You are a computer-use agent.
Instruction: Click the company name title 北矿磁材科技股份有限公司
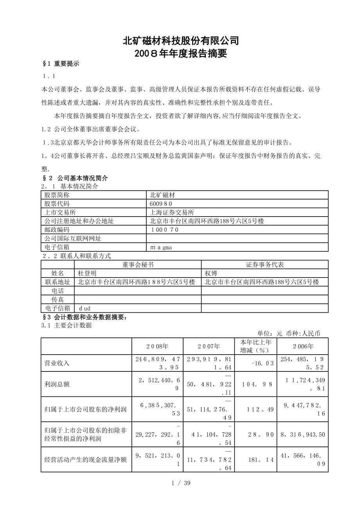(180, 41)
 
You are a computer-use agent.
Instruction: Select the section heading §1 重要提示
(61, 64)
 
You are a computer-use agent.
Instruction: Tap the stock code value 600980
(161, 204)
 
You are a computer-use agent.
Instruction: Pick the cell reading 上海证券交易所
(172, 212)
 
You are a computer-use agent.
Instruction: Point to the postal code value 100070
(164, 229)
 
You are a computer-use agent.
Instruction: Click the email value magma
(161, 247)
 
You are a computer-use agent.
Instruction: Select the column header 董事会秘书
(138, 265)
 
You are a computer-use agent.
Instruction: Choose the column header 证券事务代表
(265, 265)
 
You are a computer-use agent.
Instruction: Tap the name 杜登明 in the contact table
(87, 273)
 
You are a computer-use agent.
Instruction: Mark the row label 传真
(58, 299)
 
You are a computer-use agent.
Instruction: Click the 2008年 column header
(157, 346)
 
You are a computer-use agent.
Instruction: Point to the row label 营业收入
(57, 363)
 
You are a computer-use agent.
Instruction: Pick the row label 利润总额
(57, 384)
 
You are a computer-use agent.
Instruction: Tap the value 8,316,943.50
(302, 434)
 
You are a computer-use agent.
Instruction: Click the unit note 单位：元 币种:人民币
(289, 333)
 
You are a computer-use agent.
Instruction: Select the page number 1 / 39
(181, 483)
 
